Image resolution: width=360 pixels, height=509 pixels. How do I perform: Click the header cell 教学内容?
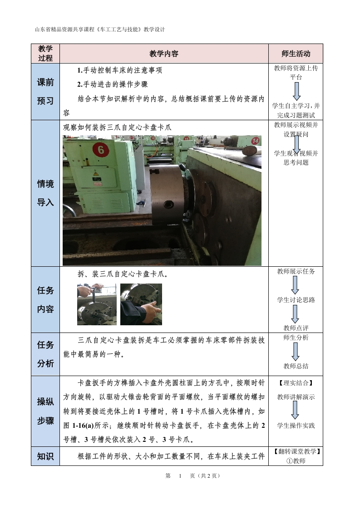click(x=164, y=54)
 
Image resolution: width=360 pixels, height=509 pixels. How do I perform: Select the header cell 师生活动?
click(x=296, y=54)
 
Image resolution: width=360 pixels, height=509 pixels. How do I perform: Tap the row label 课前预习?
click(x=45, y=92)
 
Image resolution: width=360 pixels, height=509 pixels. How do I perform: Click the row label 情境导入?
click(x=45, y=193)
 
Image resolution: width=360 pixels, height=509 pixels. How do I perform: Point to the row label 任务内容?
click(x=45, y=299)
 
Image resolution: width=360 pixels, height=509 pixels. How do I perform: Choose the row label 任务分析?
click(x=45, y=354)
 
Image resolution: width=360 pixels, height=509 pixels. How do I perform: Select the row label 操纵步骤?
click(x=45, y=411)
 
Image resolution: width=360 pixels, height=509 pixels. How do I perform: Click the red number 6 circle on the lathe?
click(x=101, y=150)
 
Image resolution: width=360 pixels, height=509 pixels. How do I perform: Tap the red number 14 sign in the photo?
click(x=256, y=141)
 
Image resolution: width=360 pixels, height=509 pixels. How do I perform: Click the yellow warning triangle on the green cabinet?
click(x=95, y=174)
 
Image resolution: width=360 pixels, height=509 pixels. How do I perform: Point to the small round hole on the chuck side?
click(x=168, y=205)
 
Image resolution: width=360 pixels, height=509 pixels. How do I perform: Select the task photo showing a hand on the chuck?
click(x=141, y=304)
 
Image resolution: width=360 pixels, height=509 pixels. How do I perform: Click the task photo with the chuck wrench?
click(x=97, y=304)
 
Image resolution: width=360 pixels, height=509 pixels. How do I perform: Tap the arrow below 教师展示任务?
click(x=295, y=285)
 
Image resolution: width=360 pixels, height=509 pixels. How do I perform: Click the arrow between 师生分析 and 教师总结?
click(x=296, y=352)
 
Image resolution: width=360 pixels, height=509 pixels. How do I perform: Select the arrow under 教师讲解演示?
click(x=295, y=410)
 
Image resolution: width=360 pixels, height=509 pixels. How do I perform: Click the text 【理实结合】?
click(x=296, y=383)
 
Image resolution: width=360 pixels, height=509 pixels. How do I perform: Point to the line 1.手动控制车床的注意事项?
click(x=119, y=70)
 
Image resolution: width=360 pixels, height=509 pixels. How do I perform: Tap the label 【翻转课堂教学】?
click(x=296, y=451)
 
